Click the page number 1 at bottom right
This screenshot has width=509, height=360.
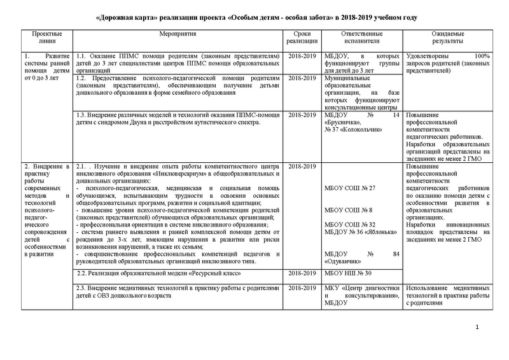pyautogui.click(x=477, y=326)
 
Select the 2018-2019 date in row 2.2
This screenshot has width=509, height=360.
pyautogui.click(x=302, y=273)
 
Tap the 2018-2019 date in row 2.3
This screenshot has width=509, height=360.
pyautogui.click(x=302, y=289)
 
